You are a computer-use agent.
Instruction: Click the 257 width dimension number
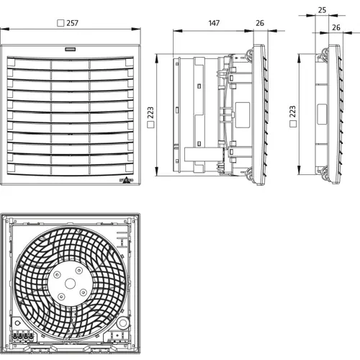pyautogui.click(x=71, y=24)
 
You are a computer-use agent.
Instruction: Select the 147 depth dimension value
pyautogui.click(x=213, y=24)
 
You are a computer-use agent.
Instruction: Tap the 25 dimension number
pyautogui.click(x=321, y=11)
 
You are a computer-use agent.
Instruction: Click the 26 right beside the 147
pyautogui.click(x=259, y=24)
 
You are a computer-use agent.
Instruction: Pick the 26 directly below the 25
pyautogui.click(x=336, y=27)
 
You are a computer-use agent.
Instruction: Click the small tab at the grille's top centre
pyautogui.click(x=71, y=50)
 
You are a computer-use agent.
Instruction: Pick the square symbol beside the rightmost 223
pyautogui.click(x=291, y=125)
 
